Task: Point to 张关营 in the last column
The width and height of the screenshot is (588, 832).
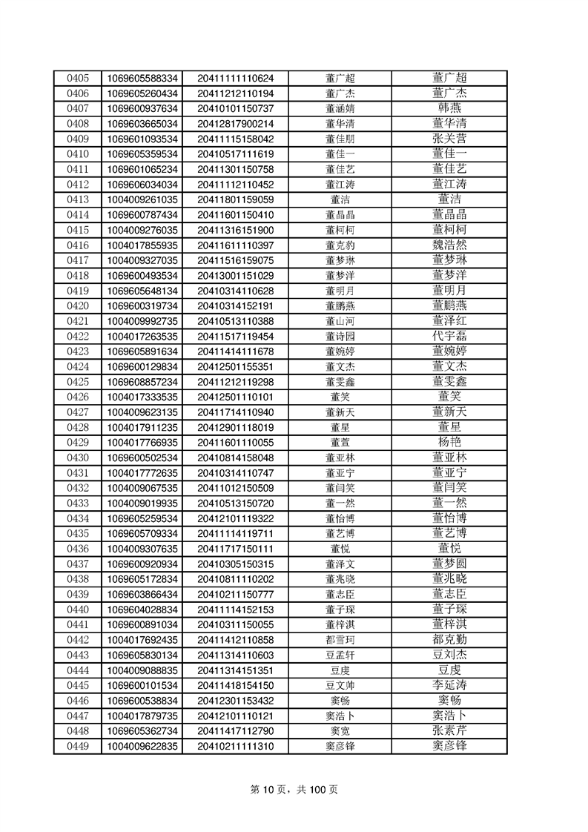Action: pos(449,139)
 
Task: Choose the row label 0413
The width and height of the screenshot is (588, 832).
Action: pos(78,199)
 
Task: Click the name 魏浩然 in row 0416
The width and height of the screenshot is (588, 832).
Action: pos(449,245)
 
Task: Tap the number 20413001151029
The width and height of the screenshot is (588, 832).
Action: pos(236,275)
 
